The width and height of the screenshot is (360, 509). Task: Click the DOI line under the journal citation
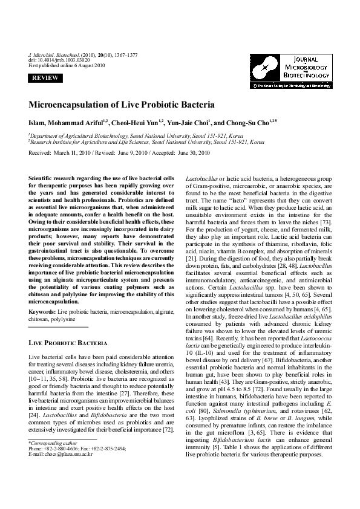click(x=59, y=60)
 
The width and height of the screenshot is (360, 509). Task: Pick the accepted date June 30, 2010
click(x=191, y=153)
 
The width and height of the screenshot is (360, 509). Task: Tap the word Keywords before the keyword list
click(x=42, y=311)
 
